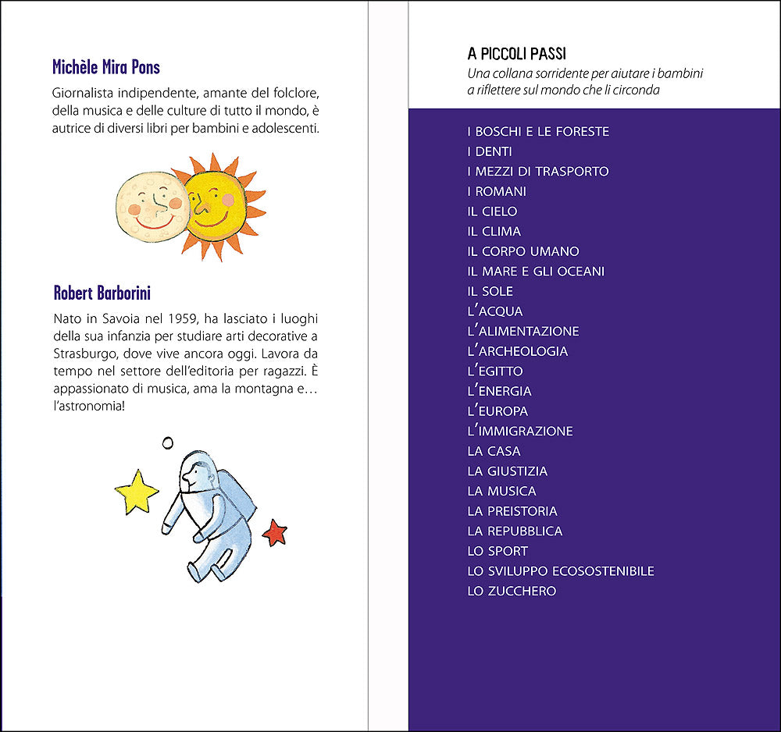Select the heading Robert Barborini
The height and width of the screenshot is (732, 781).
click(102, 293)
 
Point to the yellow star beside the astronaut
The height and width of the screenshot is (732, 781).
click(137, 491)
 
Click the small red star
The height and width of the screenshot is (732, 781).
click(275, 532)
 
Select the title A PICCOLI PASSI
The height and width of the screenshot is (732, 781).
click(516, 54)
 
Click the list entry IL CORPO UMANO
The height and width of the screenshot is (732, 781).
click(523, 251)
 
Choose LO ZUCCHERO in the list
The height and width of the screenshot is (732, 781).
click(512, 591)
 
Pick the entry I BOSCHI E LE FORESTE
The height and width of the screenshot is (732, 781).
click(538, 131)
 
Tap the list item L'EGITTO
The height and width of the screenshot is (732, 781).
click(495, 371)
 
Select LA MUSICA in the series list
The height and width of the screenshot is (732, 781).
click(501, 491)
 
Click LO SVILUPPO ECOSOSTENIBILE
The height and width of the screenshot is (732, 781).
click(561, 570)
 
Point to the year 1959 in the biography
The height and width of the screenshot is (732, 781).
click(184, 319)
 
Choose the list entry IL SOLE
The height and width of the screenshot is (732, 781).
click(490, 291)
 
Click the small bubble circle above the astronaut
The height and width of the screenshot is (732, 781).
click(167, 442)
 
